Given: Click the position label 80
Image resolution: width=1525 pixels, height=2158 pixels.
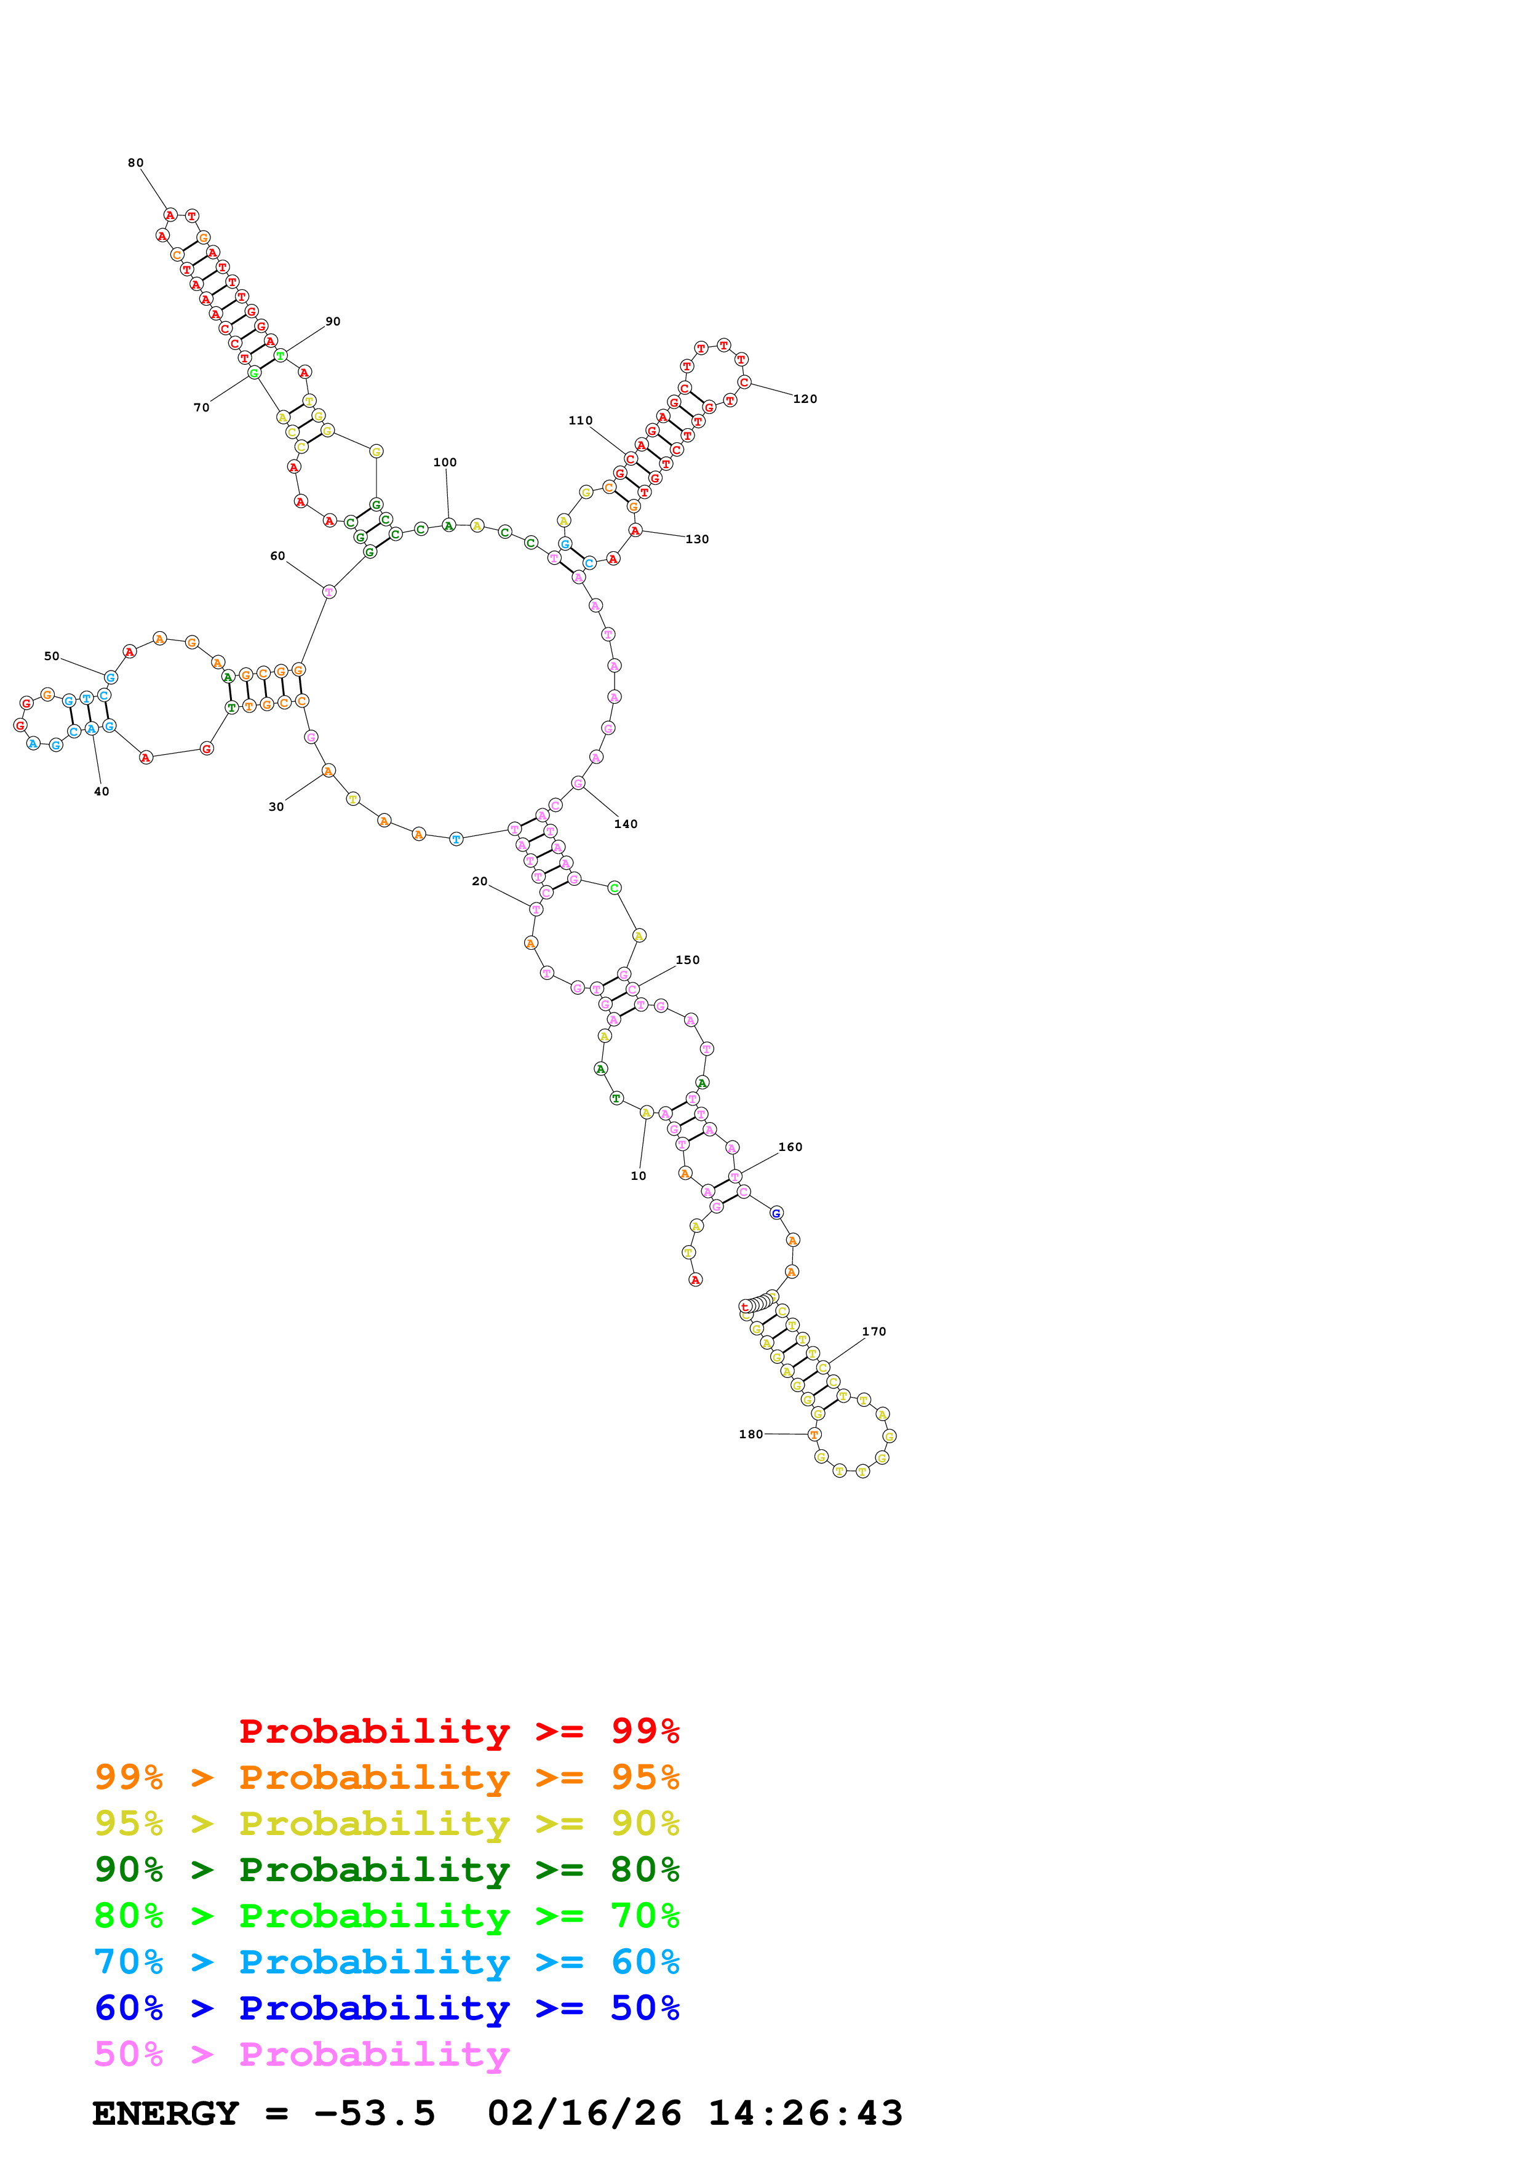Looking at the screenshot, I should pyautogui.click(x=135, y=162).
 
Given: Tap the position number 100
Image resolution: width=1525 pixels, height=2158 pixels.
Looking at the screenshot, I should pyautogui.click(x=444, y=463).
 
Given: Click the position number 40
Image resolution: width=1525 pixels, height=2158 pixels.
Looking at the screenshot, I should pyautogui.click(x=102, y=791).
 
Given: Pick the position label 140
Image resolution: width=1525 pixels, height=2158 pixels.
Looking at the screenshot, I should pyautogui.click(x=625, y=824).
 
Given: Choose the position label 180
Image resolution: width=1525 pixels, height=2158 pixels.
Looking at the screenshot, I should pyautogui.click(x=750, y=1435).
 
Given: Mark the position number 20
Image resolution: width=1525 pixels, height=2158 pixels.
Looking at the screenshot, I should pyautogui.click(x=479, y=881).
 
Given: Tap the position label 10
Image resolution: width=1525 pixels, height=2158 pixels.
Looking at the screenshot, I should pyautogui.click(x=638, y=1176).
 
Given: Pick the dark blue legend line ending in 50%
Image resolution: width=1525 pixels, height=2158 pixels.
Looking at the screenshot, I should pyautogui.click(x=386, y=2008).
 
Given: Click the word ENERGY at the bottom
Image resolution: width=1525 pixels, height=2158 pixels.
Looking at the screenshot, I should pyautogui.click(x=165, y=2113).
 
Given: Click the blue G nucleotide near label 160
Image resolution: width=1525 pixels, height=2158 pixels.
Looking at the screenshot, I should pyautogui.click(x=776, y=1213).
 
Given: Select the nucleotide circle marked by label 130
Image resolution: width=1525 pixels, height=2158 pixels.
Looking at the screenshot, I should pyautogui.click(x=635, y=531).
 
